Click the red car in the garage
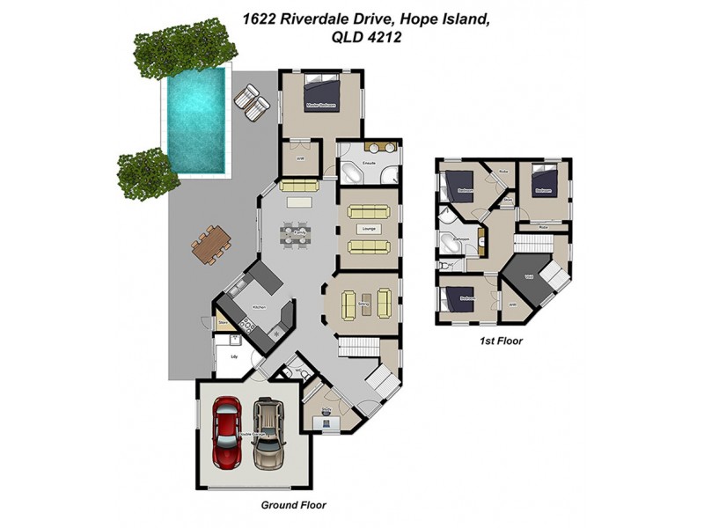(226, 433)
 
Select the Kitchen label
(259, 307)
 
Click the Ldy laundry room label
(234, 356)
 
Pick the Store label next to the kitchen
(223, 324)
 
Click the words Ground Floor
(294, 505)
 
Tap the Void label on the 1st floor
(529, 277)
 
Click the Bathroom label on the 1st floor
(461, 239)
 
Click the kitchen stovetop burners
(248, 326)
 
